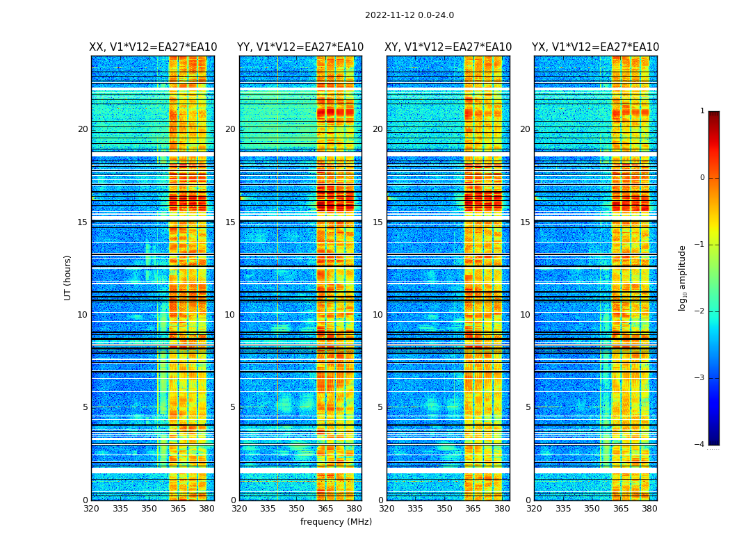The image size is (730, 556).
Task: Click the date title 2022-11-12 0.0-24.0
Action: click(409, 15)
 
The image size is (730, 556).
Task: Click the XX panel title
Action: click(153, 47)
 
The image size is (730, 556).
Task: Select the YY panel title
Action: click(300, 47)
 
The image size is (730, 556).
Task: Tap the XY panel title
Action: click(448, 47)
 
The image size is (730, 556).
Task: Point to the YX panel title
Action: click(596, 47)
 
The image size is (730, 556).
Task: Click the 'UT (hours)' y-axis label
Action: click(68, 277)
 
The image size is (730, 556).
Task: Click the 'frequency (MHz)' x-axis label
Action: click(336, 522)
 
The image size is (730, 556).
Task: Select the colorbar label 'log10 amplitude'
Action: click(683, 277)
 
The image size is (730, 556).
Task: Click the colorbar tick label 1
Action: click(702, 111)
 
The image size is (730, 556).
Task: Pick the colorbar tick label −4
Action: click(700, 445)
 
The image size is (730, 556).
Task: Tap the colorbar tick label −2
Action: click(700, 311)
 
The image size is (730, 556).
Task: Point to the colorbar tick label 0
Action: click(702, 178)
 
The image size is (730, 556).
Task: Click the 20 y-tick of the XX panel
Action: click(83, 129)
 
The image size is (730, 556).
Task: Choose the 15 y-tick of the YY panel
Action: click(230, 222)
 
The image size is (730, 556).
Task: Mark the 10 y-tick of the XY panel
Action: click(378, 315)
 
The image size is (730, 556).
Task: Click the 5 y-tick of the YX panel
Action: click(528, 407)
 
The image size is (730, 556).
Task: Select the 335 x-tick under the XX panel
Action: click(120, 509)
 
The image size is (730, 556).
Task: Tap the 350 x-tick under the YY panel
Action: click(297, 509)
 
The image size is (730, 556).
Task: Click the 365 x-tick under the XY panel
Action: click(473, 509)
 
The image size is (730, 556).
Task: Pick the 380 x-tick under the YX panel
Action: click(649, 509)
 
